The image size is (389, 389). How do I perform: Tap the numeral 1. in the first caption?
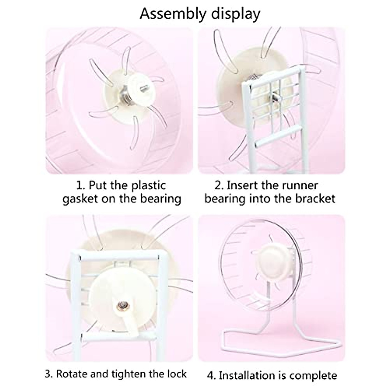81,186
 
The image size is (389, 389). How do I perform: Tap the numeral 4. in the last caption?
212,376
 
